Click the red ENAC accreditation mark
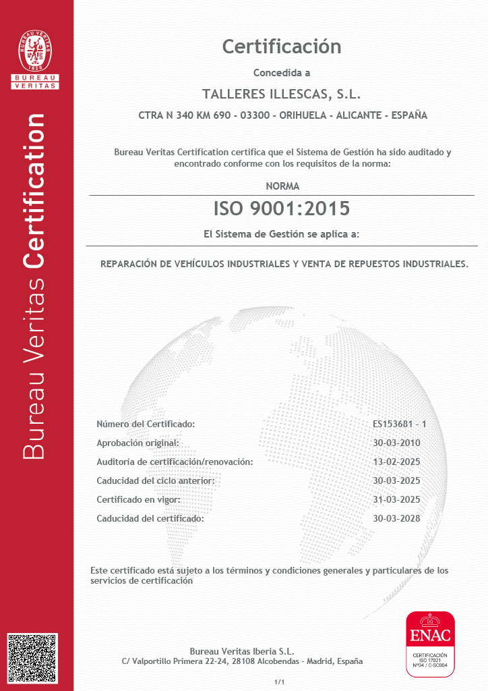click(429, 642)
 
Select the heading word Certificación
click(282, 47)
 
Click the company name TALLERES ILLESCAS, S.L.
click(282, 93)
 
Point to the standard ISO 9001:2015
click(282, 209)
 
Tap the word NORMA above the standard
click(282, 186)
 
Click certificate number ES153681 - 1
click(400, 424)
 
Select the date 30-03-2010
click(396, 443)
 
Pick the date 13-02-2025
click(396, 462)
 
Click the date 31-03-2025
click(396, 499)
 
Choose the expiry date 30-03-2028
click(396, 518)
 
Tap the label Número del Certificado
click(146, 424)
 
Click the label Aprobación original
click(138, 443)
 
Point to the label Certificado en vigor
click(138, 499)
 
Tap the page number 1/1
click(280, 682)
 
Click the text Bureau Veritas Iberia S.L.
click(242, 651)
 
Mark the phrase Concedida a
click(282, 73)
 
